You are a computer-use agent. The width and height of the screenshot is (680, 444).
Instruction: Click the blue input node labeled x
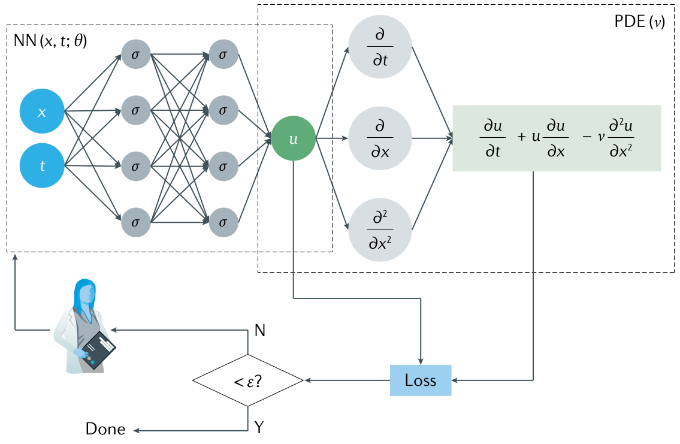pyautogui.click(x=42, y=112)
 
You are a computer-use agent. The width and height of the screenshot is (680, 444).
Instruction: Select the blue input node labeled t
pyautogui.click(x=42, y=166)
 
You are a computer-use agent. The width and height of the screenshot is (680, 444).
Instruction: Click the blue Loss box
pyautogui.click(x=420, y=380)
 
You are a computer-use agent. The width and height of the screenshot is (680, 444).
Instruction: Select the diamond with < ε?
pyautogui.click(x=248, y=380)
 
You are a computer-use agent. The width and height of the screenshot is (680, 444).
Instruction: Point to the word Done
pyautogui.click(x=105, y=429)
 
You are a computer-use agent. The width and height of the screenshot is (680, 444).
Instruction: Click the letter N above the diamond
pyautogui.click(x=260, y=330)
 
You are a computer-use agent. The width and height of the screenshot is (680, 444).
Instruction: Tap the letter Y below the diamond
pyautogui.click(x=259, y=427)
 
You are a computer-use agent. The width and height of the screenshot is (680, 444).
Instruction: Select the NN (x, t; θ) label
pyautogui.click(x=50, y=42)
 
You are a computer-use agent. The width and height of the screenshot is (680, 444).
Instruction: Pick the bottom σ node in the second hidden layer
pyautogui.click(x=223, y=222)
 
